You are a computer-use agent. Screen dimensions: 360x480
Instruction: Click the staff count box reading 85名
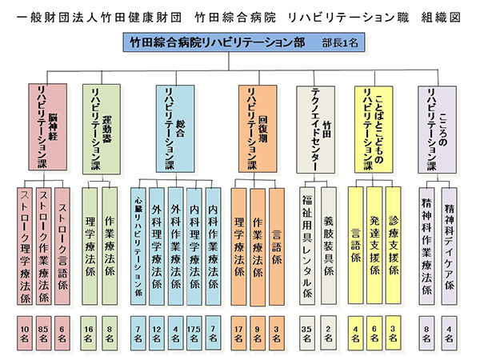(x=45, y=330)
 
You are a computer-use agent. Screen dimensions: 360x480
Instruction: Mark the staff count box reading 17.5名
(x=194, y=330)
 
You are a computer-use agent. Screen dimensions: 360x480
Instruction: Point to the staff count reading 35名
(x=306, y=330)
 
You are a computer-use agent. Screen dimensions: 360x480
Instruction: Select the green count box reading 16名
(x=90, y=330)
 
